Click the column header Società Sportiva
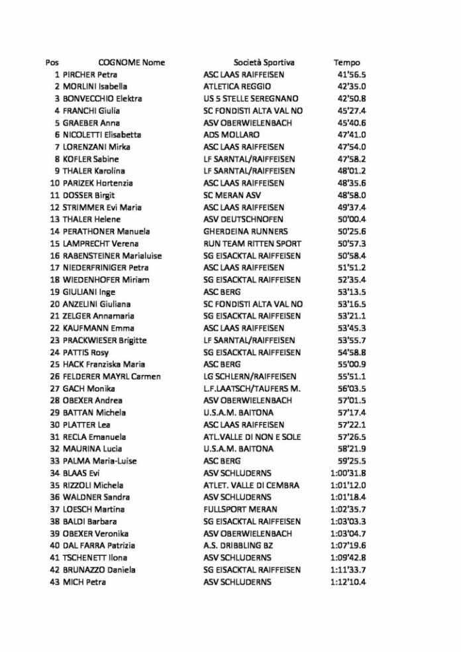(264, 62)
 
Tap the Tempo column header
(346, 62)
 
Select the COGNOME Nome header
(131, 62)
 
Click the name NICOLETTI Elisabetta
(102, 135)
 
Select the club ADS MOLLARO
(231, 135)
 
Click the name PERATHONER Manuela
(106, 231)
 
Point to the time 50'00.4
(352, 219)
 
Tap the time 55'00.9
(352, 364)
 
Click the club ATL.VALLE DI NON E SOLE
(252, 437)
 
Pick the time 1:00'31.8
(348, 473)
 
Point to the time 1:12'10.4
(348, 582)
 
